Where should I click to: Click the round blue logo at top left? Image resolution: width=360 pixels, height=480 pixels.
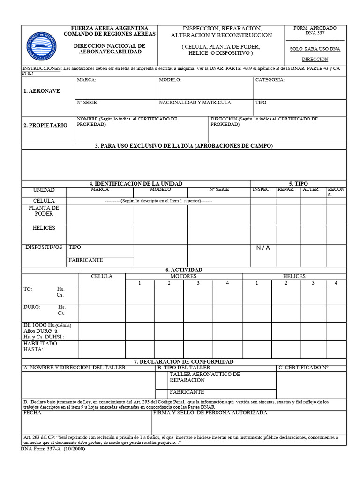[x=43, y=45]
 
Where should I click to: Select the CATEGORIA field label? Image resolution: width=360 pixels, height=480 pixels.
[x=270, y=80]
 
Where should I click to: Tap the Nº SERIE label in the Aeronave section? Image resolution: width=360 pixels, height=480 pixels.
[x=87, y=102]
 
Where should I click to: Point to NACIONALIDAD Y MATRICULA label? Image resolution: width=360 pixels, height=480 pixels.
[x=195, y=102]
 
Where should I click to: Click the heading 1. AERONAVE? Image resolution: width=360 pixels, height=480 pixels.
[x=42, y=91]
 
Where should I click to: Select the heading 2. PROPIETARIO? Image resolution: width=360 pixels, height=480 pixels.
[x=45, y=126]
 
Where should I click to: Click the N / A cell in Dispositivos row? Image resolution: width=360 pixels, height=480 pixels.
[x=263, y=248]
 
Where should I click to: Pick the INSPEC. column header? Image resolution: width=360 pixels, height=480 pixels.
[x=261, y=190]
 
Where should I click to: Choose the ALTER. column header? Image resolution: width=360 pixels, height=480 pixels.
[x=311, y=190]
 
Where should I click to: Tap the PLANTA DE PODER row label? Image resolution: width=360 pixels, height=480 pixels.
[x=44, y=211]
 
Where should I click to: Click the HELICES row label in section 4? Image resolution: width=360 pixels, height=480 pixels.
[x=44, y=228]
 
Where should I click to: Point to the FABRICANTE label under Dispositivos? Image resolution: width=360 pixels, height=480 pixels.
[x=86, y=260]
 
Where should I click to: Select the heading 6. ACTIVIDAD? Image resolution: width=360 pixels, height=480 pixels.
[x=184, y=270]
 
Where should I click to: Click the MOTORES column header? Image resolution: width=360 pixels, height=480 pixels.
[x=183, y=277]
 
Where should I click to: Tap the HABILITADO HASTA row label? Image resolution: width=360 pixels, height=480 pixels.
[x=40, y=346]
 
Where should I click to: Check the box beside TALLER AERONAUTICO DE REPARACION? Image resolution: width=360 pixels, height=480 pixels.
[x=162, y=377]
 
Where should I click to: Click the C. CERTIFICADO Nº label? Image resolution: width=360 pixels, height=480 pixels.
[x=303, y=368]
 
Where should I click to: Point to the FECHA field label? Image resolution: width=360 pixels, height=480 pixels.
[x=32, y=413]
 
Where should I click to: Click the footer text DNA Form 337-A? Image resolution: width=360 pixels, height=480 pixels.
[x=53, y=449]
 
